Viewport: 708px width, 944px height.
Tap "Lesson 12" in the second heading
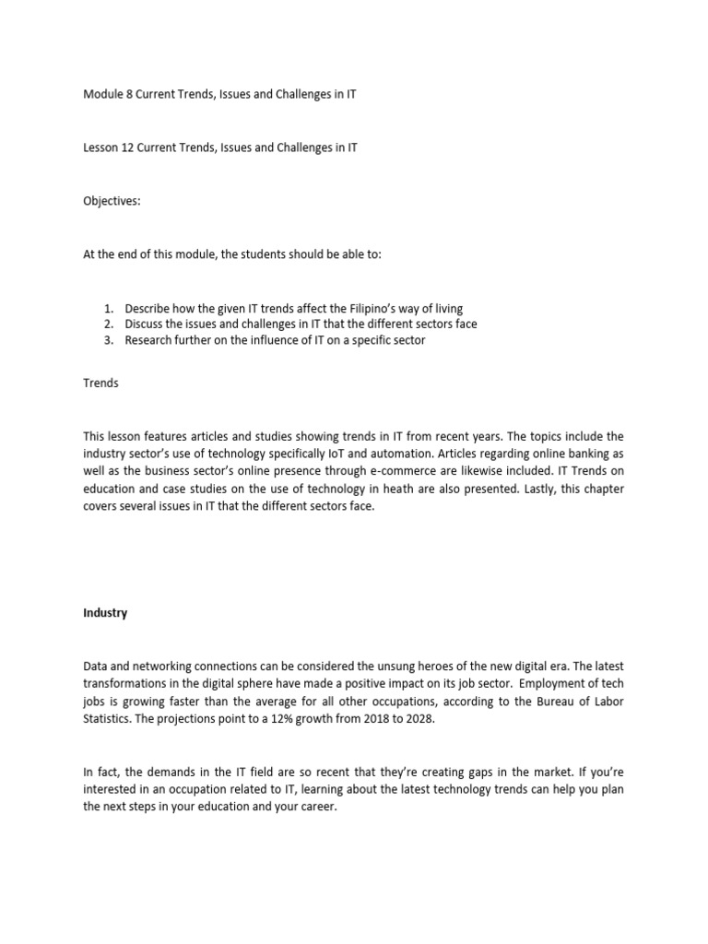[108, 147]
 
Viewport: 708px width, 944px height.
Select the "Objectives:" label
[112, 200]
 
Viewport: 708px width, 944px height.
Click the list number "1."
[108, 308]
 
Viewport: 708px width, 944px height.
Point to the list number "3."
[108, 340]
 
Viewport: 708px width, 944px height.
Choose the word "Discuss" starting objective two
[146, 324]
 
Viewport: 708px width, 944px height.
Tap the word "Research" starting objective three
[150, 340]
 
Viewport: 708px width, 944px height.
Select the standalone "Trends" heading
[100, 383]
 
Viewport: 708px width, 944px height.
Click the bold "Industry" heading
[105, 613]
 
